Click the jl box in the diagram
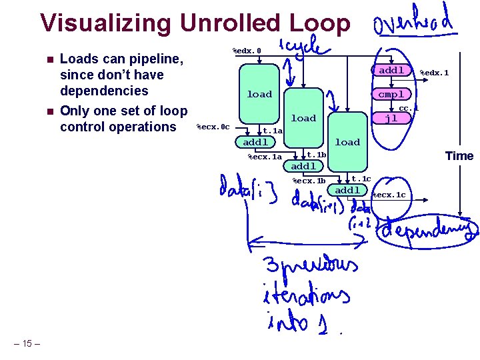[391, 118]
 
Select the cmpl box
[391, 94]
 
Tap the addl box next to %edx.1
[391, 70]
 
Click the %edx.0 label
[246, 51]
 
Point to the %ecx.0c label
[213, 127]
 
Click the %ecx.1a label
[265, 157]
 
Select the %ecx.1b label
[309, 181]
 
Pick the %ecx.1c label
[389, 195]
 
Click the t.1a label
[273, 131]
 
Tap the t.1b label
[316, 155]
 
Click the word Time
[459, 156]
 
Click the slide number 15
[27, 343]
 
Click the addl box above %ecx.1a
[256, 142]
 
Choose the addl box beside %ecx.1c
[347, 190]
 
